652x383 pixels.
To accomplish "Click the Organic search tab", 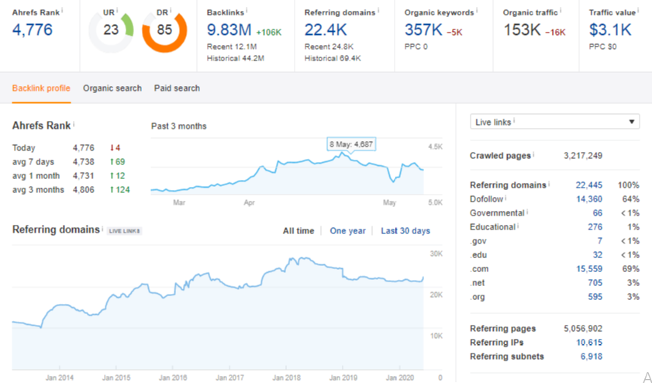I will coord(112,88).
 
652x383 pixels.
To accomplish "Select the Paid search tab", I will coord(177,88).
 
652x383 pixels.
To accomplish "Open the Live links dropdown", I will coord(554,122).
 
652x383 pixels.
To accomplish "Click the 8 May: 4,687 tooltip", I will coord(350,145).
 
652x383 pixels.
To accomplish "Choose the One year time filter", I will coord(347,230).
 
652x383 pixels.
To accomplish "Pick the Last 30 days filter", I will coord(405,230).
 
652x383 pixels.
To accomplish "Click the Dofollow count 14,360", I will coord(588,199).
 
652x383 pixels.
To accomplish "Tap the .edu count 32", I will coord(596,255).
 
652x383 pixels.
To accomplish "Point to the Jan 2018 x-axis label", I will coord(288,378).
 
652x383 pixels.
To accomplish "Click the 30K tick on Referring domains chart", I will coord(436,254).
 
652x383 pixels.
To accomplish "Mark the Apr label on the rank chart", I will coord(250,204).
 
